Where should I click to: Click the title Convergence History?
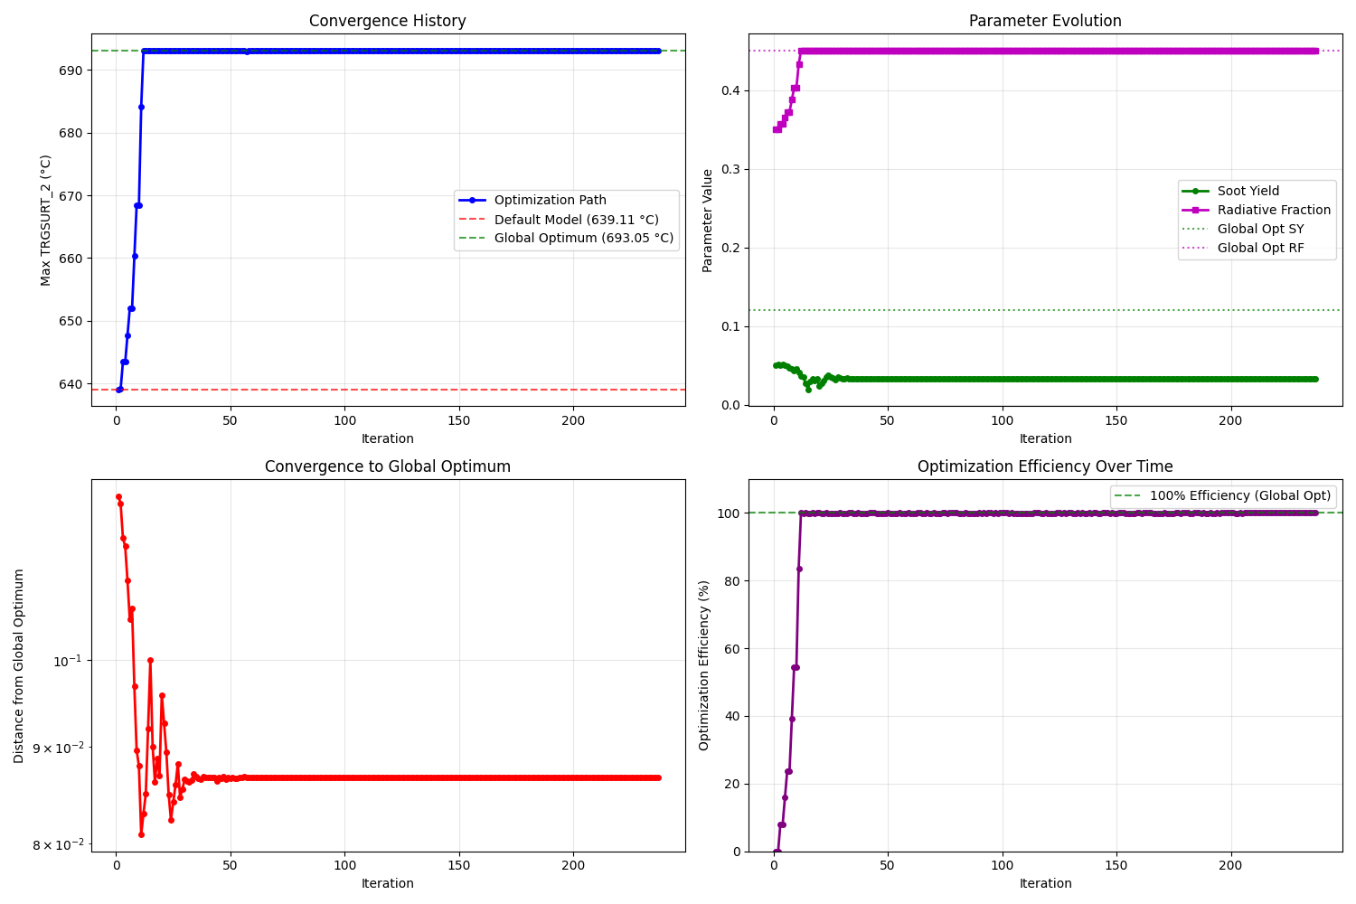pos(387,22)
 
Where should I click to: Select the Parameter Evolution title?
pos(1045,22)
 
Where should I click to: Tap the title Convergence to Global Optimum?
pos(387,466)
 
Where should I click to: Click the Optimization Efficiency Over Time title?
pos(1045,466)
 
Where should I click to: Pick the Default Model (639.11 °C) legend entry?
pos(576,220)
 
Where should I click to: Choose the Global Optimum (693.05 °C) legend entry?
pos(583,239)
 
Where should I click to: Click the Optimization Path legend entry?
pos(550,201)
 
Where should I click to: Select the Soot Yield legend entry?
pos(1248,191)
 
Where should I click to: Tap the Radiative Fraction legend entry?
pos(1274,210)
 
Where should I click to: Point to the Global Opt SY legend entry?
pos(1260,229)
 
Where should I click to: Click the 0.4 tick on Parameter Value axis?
pos(731,90)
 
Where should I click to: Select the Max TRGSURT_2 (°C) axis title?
pos(46,220)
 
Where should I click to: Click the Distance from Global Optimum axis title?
pos(20,665)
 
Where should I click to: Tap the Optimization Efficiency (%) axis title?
pos(704,665)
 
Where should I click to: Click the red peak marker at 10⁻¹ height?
pos(150,660)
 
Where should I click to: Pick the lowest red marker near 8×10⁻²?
pos(141,834)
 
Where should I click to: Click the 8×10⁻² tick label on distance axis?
pos(58,845)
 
